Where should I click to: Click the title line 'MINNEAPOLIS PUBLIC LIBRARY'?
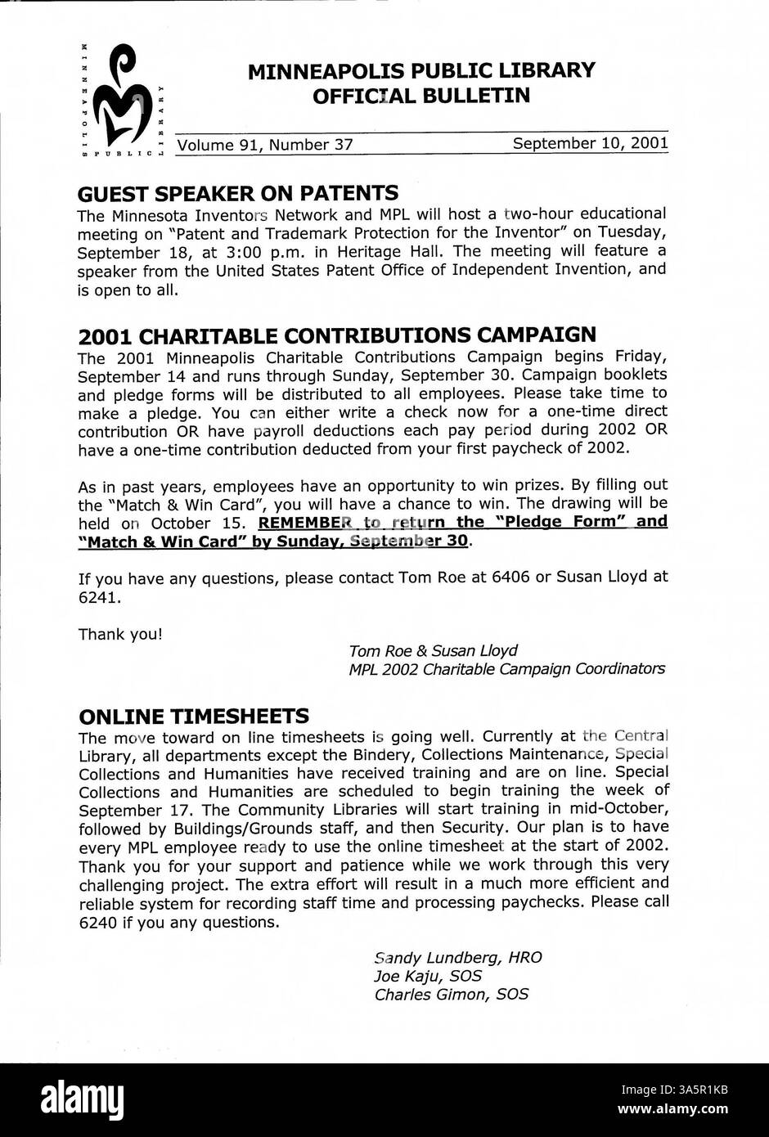tap(421, 71)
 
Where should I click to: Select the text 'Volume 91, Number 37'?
tap(265, 145)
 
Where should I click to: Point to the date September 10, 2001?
tap(590, 143)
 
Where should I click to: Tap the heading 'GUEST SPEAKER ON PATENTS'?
tap(238, 194)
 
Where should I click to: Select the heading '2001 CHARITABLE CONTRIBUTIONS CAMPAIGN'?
tap(337, 335)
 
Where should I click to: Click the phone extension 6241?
tap(99, 597)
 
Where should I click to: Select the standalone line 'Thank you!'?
tap(120, 634)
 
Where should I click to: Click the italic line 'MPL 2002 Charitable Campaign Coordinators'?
tap(506, 669)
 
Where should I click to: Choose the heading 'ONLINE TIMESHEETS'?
tap(193, 717)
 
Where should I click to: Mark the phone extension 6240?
tap(99, 922)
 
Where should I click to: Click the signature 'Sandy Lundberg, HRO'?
tap(457, 958)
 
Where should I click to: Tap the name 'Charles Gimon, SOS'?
tap(451, 995)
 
